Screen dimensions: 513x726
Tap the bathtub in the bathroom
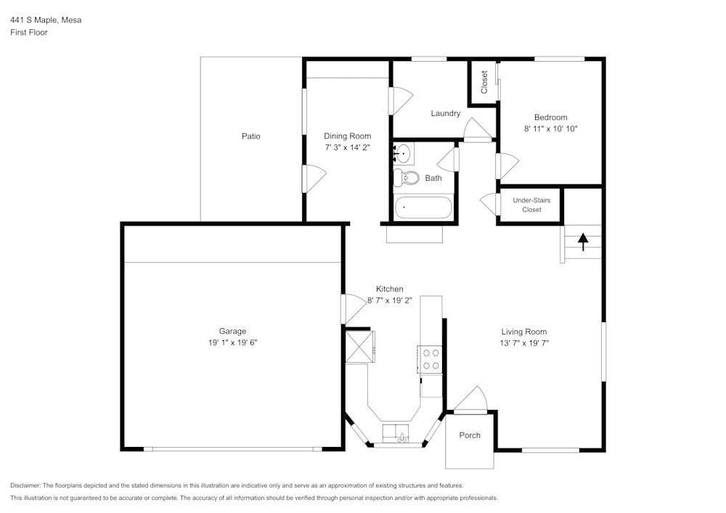pyautogui.click(x=423, y=208)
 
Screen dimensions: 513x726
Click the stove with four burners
pyautogui.click(x=431, y=359)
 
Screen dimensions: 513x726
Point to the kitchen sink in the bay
pyautogui.click(x=396, y=433)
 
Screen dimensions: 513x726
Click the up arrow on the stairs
pyautogui.click(x=583, y=242)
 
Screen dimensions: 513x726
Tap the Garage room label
pyautogui.click(x=233, y=331)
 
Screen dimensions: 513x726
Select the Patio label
pyautogui.click(x=251, y=136)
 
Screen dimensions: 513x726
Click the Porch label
pyautogui.click(x=470, y=435)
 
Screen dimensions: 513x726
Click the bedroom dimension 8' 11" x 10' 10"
pyautogui.click(x=550, y=128)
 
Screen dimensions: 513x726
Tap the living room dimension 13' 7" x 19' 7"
pyautogui.click(x=524, y=343)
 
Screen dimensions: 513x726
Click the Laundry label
pyautogui.click(x=445, y=113)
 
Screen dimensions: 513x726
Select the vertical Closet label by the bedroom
pyautogui.click(x=484, y=82)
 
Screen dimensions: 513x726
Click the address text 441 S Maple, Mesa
pyautogui.click(x=46, y=20)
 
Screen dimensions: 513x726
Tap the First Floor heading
pyautogui.click(x=29, y=33)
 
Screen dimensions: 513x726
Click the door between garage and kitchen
pyautogui.click(x=354, y=308)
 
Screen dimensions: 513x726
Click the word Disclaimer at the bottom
pyautogui.click(x=26, y=485)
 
